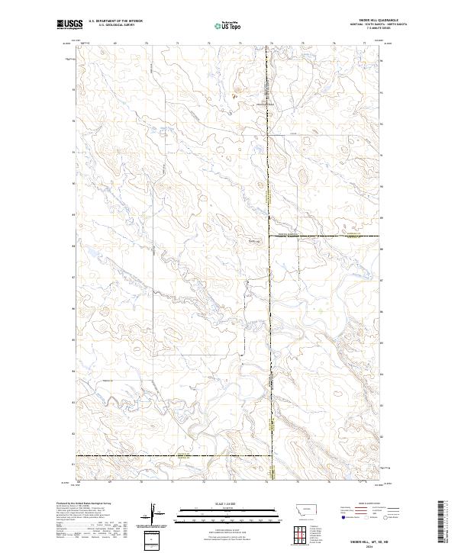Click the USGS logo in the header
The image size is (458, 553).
coord(69,24)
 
